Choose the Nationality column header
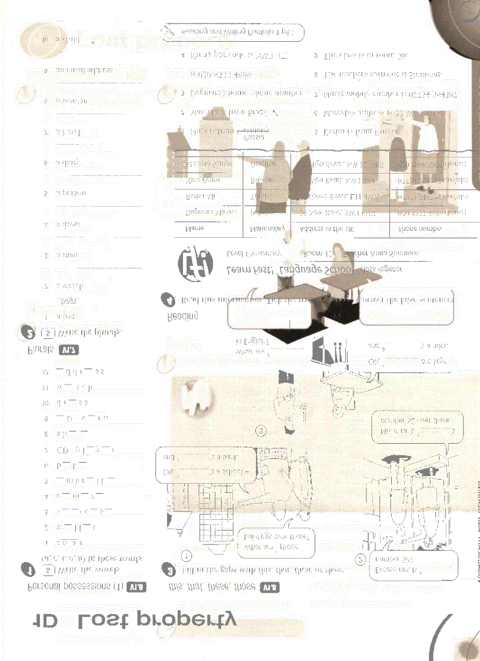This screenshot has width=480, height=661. [x=268, y=228]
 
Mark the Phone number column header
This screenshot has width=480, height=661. [x=424, y=228]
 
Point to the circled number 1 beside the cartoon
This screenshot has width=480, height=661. [x=186, y=554]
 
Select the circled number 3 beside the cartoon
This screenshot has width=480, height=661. [x=261, y=431]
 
